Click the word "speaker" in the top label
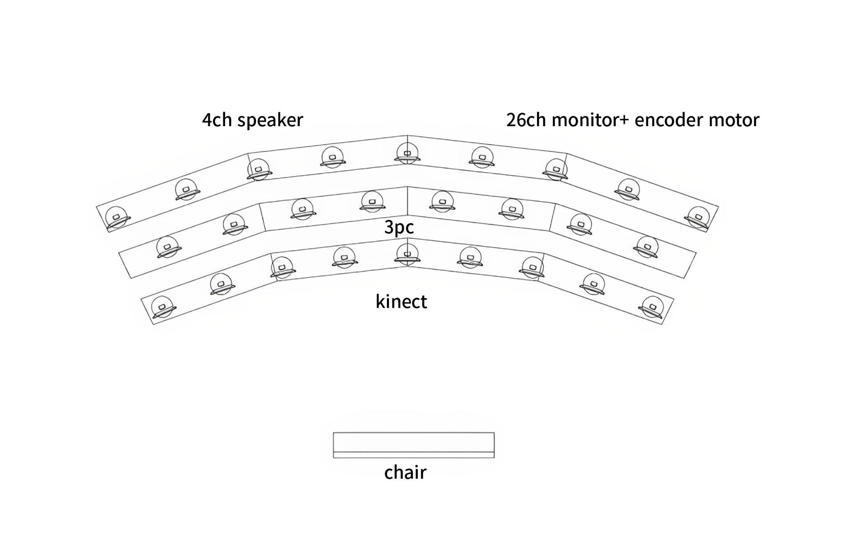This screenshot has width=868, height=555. [x=270, y=120]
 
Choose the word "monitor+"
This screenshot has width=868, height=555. [x=590, y=120]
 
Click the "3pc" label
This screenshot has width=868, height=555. [x=399, y=228]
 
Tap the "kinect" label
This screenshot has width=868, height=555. [x=401, y=301]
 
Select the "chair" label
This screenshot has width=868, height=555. [x=405, y=472]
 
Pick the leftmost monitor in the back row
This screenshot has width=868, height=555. [x=117, y=218]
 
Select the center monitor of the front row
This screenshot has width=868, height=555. [x=407, y=254]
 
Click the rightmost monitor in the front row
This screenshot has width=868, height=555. [x=652, y=307]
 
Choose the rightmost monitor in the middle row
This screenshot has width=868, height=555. [x=647, y=247]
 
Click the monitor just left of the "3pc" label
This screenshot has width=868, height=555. [x=373, y=202]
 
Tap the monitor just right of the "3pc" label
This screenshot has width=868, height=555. [x=443, y=202]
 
